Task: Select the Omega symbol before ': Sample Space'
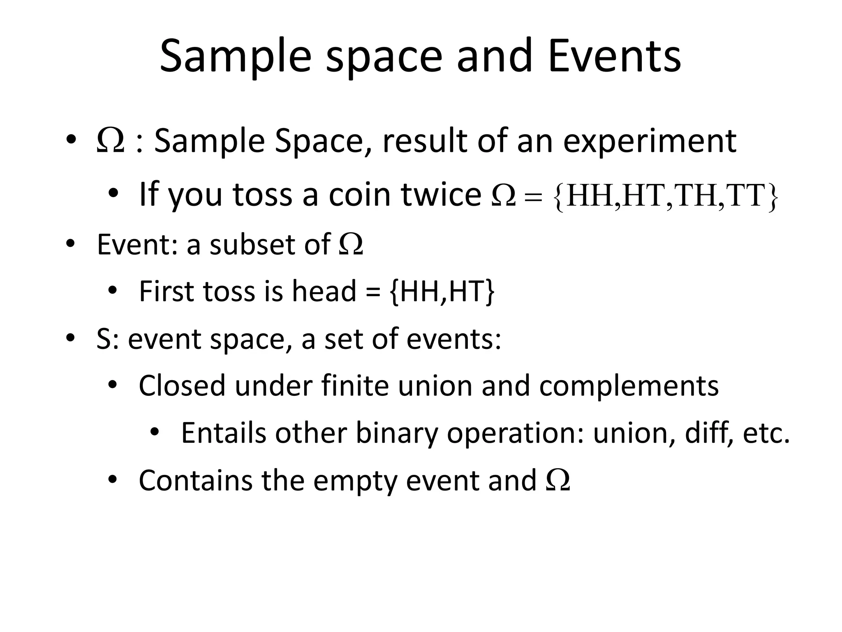[x=110, y=141]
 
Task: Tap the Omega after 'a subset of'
[x=351, y=245]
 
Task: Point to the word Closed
[x=182, y=386]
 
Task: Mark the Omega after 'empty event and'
[x=558, y=481]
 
